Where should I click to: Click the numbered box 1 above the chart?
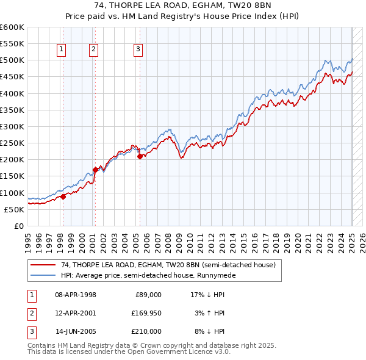click(62, 50)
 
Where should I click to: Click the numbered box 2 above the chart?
click(93, 50)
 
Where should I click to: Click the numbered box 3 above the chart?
click(138, 50)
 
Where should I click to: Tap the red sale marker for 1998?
click(63, 196)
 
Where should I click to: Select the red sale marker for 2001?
click(95, 170)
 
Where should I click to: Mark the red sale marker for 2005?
click(140, 156)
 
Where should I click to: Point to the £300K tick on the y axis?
click(13, 126)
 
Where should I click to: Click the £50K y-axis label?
click(15, 209)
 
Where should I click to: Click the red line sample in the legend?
click(43, 265)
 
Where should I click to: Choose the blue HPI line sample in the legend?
click(43, 275)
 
